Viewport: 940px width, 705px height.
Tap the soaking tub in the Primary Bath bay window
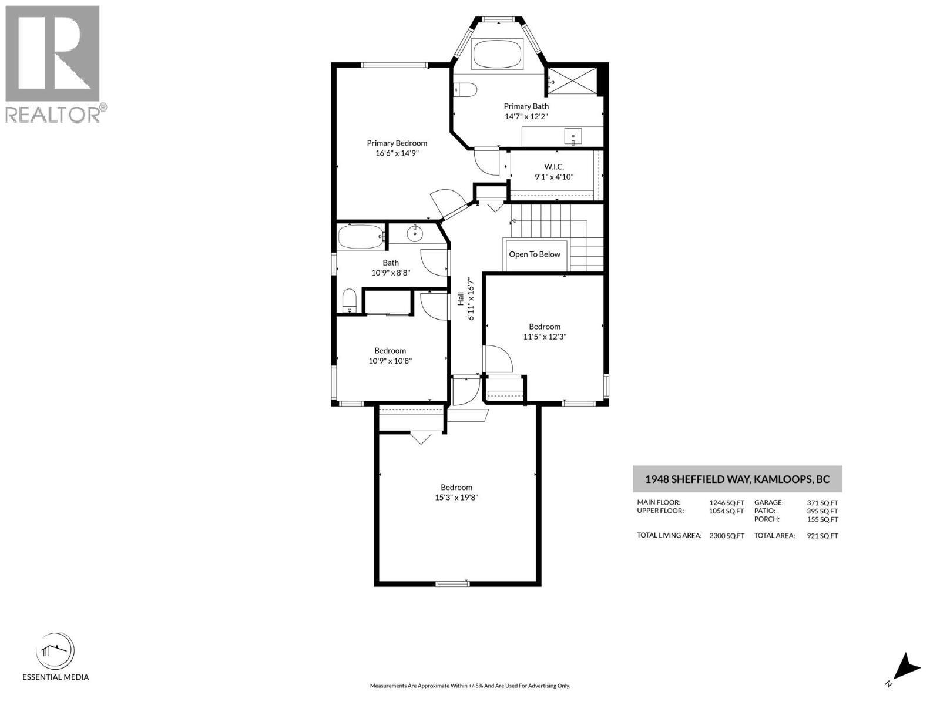pyautogui.click(x=498, y=54)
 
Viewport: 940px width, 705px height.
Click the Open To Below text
pyautogui.click(x=534, y=254)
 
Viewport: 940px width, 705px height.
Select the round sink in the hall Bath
pyautogui.click(x=415, y=234)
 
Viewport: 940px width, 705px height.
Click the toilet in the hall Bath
pyautogui.click(x=349, y=301)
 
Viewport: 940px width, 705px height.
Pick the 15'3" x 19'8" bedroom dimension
pyautogui.click(x=456, y=498)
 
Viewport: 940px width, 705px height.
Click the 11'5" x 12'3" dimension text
pyautogui.click(x=544, y=337)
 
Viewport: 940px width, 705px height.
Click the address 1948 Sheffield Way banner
pyautogui.click(x=737, y=479)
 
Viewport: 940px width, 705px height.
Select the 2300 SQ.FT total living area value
pyautogui.click(x=726, y=536)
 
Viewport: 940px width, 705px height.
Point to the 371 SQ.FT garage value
pyautogui.click(x=822, y=503)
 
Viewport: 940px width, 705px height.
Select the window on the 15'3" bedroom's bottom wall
pyautogui.click(x=452, y=583)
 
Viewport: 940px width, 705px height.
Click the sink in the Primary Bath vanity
pyautogui.click(x=573, y=137)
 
